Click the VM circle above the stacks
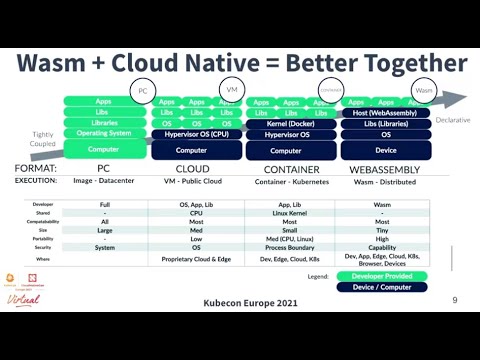click(x=232, y=89)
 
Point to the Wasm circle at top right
click(x=424, y=91)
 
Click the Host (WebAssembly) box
click(x=385, y=112)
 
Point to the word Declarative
click(x=451, y=119)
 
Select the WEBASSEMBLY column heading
click(x=386, y=169)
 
